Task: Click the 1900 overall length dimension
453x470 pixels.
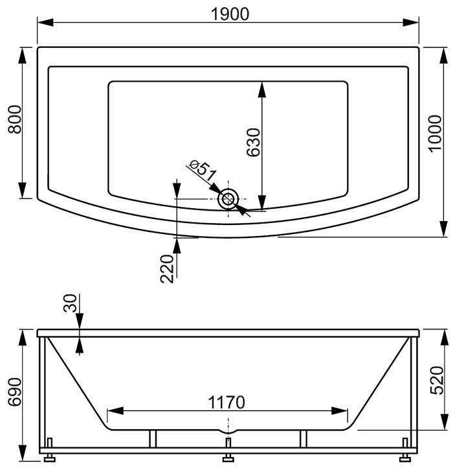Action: (230, 14)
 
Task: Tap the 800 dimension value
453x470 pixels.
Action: (15, 119)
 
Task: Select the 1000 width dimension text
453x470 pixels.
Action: (436, 134)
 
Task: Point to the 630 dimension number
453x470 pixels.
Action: (253, 142)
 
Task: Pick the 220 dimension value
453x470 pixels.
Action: (167, 268)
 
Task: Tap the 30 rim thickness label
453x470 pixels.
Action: (71, 303)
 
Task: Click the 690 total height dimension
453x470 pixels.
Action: (15, 392)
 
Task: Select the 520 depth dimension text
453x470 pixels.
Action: (437, 380)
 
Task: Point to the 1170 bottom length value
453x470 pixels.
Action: (226, 403)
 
